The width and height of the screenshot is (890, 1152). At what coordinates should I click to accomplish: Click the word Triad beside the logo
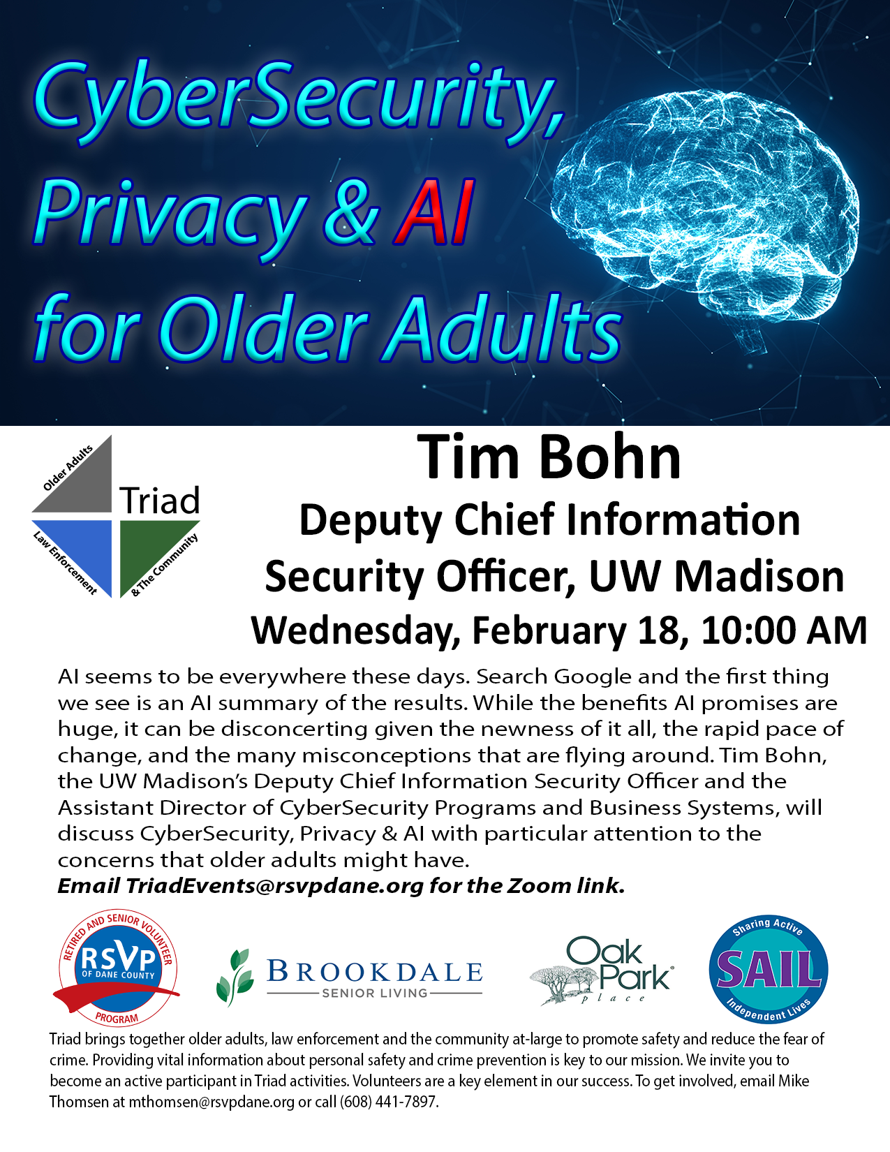pyautogui.click(x=160, y=501)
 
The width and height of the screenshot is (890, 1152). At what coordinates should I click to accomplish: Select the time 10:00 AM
pyautogui.click(x=783, y=630)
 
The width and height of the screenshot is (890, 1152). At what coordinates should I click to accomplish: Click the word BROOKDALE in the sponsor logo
pyautogui.click(x=375, y=971)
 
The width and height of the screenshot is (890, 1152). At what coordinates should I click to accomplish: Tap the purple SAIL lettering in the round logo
pyautogui.click(x=768, y=970)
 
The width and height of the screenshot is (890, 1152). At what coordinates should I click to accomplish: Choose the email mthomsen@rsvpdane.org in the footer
pyautogui.click(x=212, y=1102)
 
